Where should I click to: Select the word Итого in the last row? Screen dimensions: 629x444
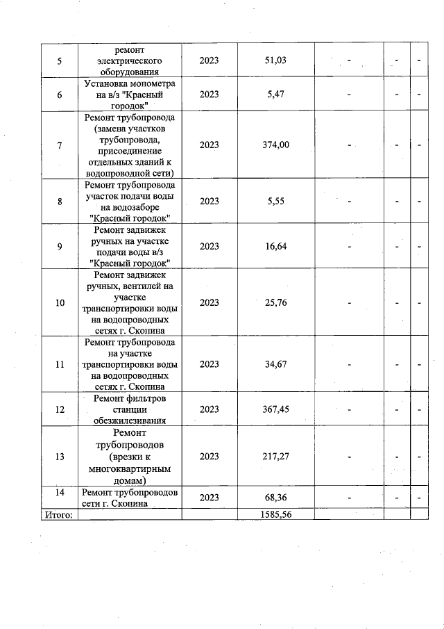tap(58, 514)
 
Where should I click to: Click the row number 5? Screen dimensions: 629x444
tap(58, 60)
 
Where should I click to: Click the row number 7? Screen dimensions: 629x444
tap(58, 145)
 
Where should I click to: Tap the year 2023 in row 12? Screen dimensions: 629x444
tap(209, 409)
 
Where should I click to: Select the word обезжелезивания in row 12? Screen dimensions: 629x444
tap(130, 420)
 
